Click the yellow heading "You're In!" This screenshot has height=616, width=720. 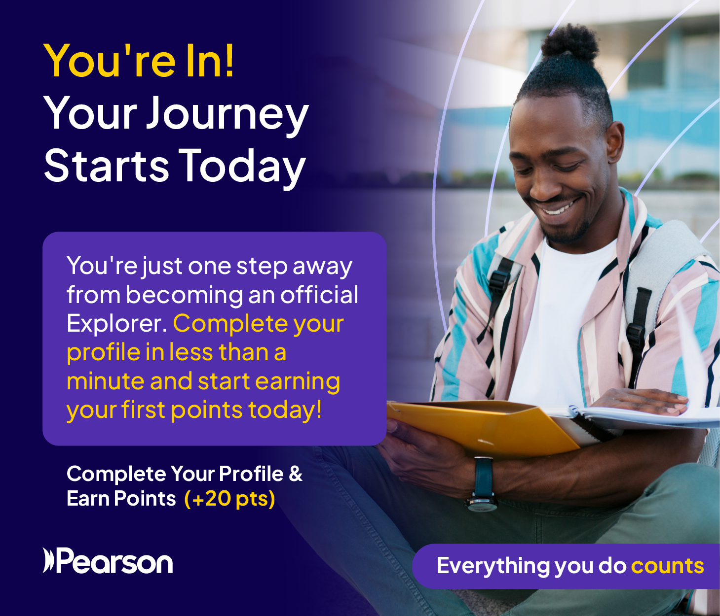point(139,61)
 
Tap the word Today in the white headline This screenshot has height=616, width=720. point(243,166)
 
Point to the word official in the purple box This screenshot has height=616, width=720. point(319,294)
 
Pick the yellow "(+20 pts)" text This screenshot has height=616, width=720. point(230,499)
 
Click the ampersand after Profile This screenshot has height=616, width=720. point(296,474)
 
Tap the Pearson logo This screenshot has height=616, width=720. point(108,561)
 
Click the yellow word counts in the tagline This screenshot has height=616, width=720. point(667,566)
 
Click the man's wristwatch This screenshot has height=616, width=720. point(483,484)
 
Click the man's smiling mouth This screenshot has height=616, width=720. point(557,207)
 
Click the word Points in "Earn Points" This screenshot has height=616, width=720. point(145,499)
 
